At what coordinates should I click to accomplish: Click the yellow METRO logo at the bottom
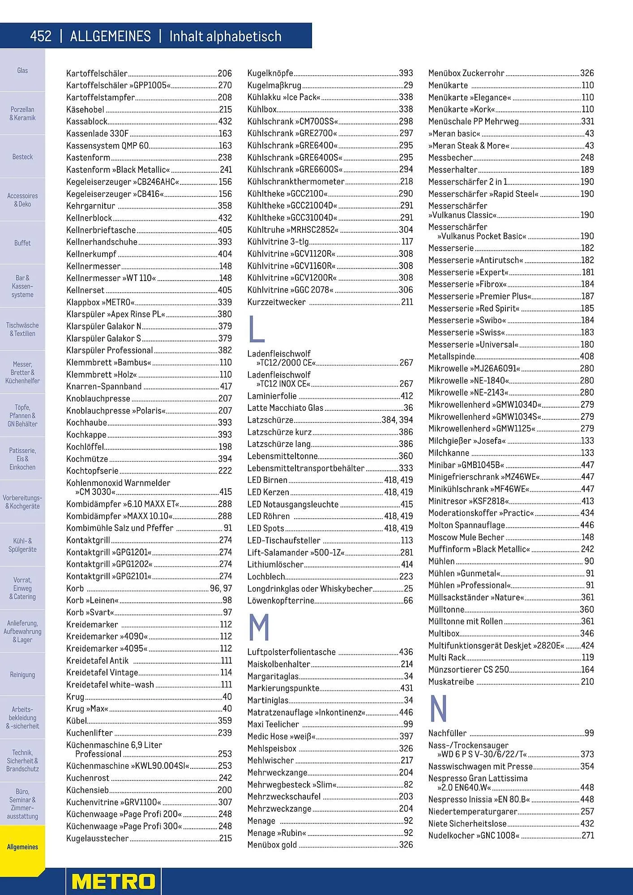113,882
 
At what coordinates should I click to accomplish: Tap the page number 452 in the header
41,36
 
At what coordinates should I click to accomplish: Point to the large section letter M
259,627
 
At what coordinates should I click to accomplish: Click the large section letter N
438,708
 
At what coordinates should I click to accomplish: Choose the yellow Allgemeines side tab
22,847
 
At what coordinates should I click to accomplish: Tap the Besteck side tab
22,157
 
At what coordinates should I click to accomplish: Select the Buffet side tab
22,243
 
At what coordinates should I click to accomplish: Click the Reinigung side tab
22,674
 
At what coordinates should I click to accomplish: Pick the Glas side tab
22,70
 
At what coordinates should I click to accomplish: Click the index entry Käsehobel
85,110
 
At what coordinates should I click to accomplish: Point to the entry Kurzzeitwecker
276,302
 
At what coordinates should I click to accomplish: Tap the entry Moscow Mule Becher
466,537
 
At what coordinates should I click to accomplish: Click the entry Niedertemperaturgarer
472,811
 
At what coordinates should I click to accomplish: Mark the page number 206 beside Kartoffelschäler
225,73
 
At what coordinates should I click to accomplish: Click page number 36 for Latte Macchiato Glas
408,408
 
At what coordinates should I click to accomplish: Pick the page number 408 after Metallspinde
587,356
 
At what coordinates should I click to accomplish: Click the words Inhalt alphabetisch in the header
225,36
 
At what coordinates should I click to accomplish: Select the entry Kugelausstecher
97,838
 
